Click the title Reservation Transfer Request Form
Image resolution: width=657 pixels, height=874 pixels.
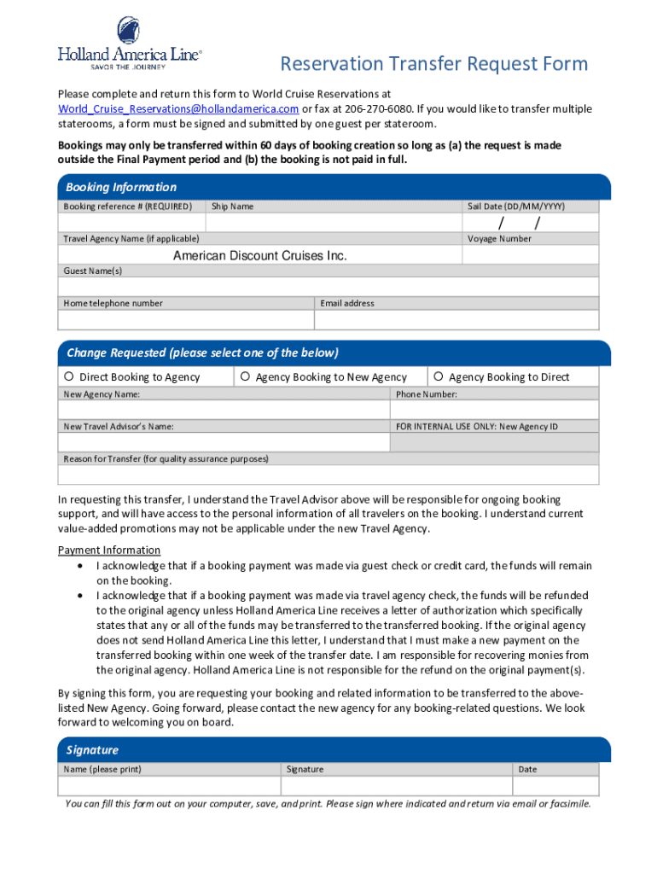point(434,64)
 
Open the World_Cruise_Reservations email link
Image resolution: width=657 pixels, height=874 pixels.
point(177,109)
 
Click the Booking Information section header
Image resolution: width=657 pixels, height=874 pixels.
point(121,187)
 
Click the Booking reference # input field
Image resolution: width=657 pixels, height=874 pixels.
point(131,222)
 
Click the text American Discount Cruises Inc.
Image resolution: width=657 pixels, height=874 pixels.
point(260,255)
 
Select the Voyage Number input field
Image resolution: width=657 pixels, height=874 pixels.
point(531,255)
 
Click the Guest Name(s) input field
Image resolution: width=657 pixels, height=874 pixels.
point(328,286)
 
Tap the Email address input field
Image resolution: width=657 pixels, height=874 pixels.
point(456,319)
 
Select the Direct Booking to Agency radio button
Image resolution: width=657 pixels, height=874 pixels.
point(68,377)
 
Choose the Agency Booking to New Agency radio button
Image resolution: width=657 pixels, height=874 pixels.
point(245,377)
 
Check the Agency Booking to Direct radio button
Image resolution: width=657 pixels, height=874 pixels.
point(438,377)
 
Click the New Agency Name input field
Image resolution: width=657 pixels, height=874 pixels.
point(224,409)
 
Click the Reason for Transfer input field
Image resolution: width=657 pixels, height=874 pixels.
point(328,475)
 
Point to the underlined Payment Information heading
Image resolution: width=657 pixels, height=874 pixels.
point(109,550)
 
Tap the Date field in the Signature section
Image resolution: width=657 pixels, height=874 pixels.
point(556,785)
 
